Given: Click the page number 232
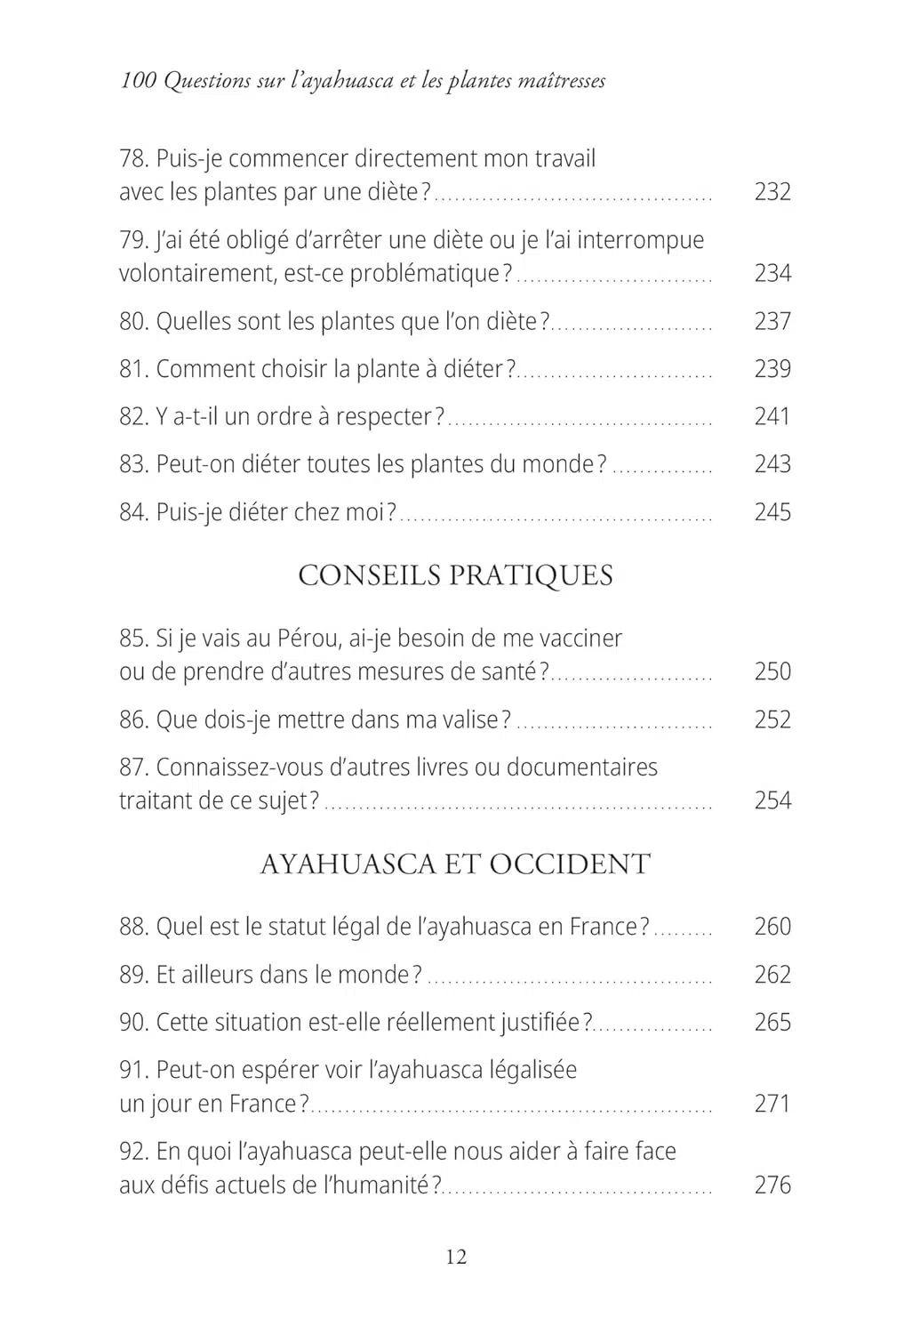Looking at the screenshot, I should [772, 192].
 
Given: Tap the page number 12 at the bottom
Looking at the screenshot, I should [456, 1257].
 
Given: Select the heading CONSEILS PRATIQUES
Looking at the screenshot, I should [455, 575].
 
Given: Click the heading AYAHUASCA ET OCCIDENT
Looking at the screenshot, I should [455, 864].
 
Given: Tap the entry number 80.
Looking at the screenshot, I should [133, 322].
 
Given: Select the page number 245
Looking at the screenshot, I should [772, 512].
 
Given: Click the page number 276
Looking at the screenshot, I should [772, 1185].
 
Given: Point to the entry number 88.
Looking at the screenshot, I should [133, 927].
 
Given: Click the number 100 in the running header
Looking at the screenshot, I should [138, 81].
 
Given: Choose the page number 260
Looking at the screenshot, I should [772, 927].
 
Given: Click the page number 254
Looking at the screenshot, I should [772, 801].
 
